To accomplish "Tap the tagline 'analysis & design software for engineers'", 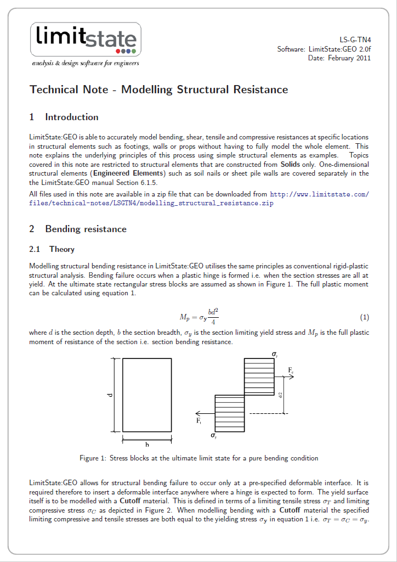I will pyautogui.click(x=85, y=63).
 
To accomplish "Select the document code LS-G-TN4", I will pyautogui.click(x=355, y=40).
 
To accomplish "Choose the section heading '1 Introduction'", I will pyautogui.click(x=64, y=117).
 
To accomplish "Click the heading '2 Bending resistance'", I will pyautogui.click(x=78, y=229).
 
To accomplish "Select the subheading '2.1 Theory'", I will pyautogui.click(x=52, y=249).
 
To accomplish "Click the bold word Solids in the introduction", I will pyautogui.click(x=290, y=164).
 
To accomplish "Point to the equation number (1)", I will pyautogui.click(x=364, y=317).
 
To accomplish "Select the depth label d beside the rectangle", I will pyautogui.click(x=110, y=395).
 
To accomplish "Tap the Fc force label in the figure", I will pyautogui.click(x=291, y=371).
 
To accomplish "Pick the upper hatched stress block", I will pyautogui.click(x=259, y=376).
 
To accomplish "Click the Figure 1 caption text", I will pyautogui.click(x=198, y=458).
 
